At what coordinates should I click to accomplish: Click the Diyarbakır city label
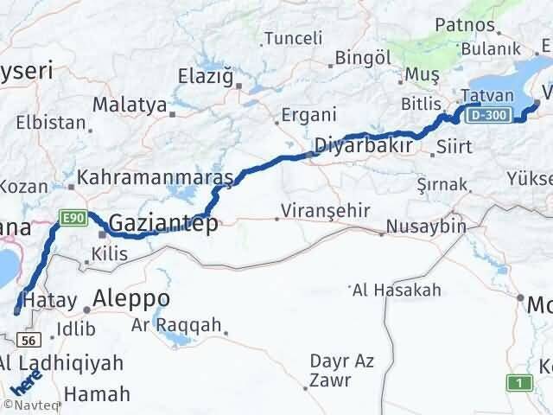pos(362,144)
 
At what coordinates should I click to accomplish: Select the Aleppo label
pos(132,298)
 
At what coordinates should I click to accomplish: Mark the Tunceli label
pos(293,38)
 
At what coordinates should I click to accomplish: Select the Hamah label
pos(97,393)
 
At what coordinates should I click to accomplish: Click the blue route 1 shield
pos(518,382)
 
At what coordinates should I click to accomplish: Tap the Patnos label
pos(465,25)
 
